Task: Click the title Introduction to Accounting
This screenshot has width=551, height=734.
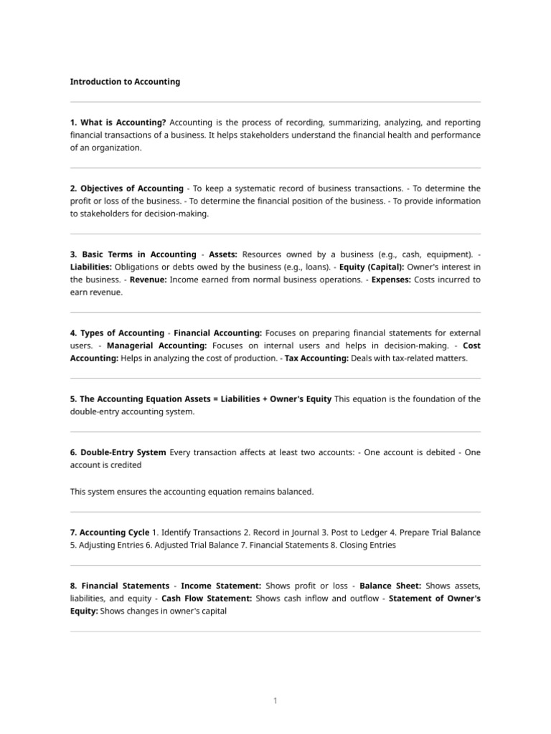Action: (125, 82)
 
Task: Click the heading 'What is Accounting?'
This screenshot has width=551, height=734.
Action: (123, 123)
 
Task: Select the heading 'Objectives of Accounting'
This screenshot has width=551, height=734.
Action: (132, 189)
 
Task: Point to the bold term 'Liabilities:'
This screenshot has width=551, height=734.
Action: (91, 267)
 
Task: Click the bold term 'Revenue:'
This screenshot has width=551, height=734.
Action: (148, 280)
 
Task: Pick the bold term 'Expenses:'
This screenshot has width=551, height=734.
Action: (391, 280)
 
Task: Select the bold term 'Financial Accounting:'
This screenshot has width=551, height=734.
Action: (218, 333)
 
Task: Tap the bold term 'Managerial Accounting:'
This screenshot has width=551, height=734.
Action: (156, 345)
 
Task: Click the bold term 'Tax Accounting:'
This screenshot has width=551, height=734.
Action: (316, 358)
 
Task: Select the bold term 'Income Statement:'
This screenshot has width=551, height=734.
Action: (221, 586)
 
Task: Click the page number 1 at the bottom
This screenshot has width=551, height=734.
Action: (275, 701)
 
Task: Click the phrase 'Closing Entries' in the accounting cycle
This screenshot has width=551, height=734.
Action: (366, 545)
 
